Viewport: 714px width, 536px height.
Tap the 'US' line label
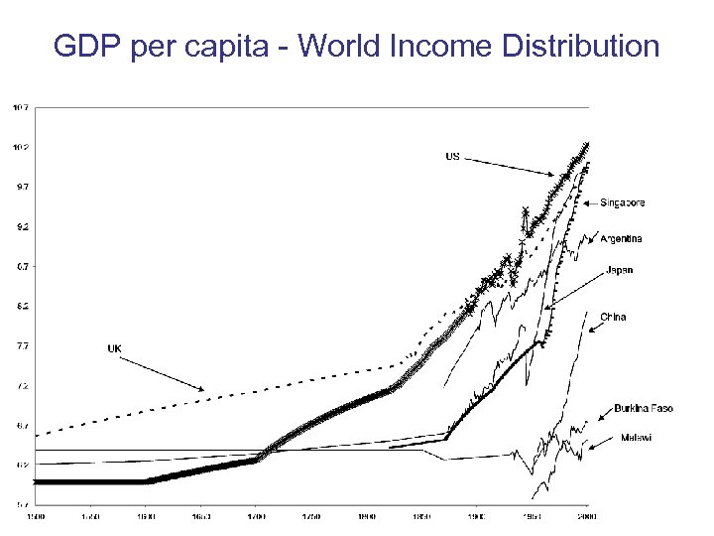pos(452,156)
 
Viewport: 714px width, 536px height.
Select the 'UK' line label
pos(115,348)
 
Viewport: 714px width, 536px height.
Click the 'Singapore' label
pos(623,202)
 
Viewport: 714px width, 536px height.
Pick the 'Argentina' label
pos(621,238)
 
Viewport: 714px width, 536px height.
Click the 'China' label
pos(613,317)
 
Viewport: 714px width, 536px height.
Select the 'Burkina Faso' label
pos(644,409)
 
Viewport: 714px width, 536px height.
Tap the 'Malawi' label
pos(636,438)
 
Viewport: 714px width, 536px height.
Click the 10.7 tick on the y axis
pos(20,107)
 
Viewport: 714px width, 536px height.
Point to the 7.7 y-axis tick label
pos(20,345)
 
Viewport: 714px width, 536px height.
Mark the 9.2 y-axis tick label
pos(20,226)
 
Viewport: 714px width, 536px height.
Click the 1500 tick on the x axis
pos(35,517)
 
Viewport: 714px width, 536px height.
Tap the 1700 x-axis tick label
pos(256,517)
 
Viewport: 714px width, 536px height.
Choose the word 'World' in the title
pos(336,46)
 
